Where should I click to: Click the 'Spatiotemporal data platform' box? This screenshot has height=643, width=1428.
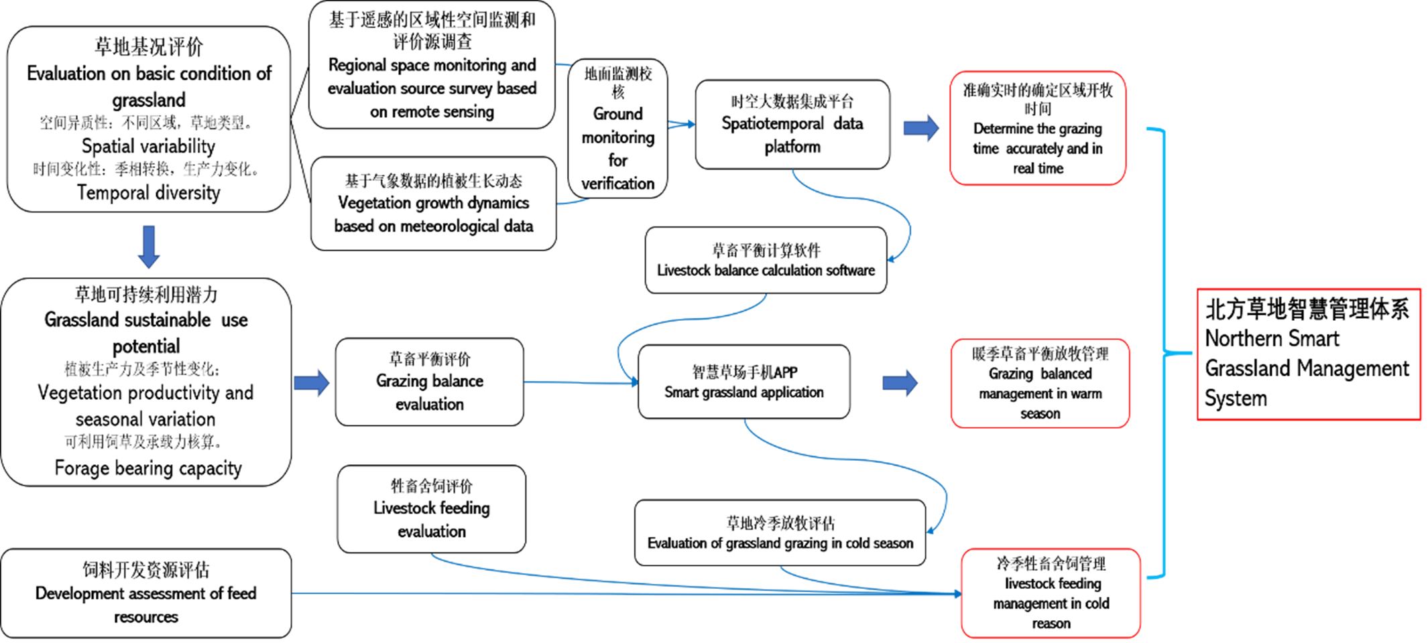pos(792,125)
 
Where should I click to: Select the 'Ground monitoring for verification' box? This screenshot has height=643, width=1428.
pos(617,128)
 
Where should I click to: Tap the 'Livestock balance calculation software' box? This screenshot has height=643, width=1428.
pos(766,260)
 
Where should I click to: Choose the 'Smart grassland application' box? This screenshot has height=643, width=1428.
pos(744,382)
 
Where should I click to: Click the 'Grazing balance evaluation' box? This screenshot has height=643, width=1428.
pos(430,382)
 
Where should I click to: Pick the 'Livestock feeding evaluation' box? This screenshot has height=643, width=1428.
pos(432,509)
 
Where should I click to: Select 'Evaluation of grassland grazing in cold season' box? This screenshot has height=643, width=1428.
pos(780,532)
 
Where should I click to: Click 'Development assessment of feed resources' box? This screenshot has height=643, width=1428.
pos(146,593)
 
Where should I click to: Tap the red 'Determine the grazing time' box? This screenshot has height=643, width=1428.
pos(1038,128)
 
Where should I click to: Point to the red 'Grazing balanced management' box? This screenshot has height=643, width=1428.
pos(1040,383)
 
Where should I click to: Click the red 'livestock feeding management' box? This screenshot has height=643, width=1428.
pos(1051,593)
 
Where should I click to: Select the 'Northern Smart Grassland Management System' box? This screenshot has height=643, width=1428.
pos(1309,354)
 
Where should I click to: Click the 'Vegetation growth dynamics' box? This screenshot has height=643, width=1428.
pos(434,204)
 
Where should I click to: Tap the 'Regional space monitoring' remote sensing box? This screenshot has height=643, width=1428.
pos(432,65)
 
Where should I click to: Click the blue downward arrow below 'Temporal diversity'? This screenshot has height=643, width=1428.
pos(149,247)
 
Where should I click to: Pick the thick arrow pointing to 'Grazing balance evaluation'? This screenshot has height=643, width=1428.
pos(312,383)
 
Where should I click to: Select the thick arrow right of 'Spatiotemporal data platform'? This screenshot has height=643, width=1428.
pos(921,128)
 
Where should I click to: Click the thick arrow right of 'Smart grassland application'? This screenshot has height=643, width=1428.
pos(900,383)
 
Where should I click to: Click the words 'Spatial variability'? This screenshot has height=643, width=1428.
pos(148,146)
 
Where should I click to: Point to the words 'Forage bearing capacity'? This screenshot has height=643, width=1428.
pos(148,468)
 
